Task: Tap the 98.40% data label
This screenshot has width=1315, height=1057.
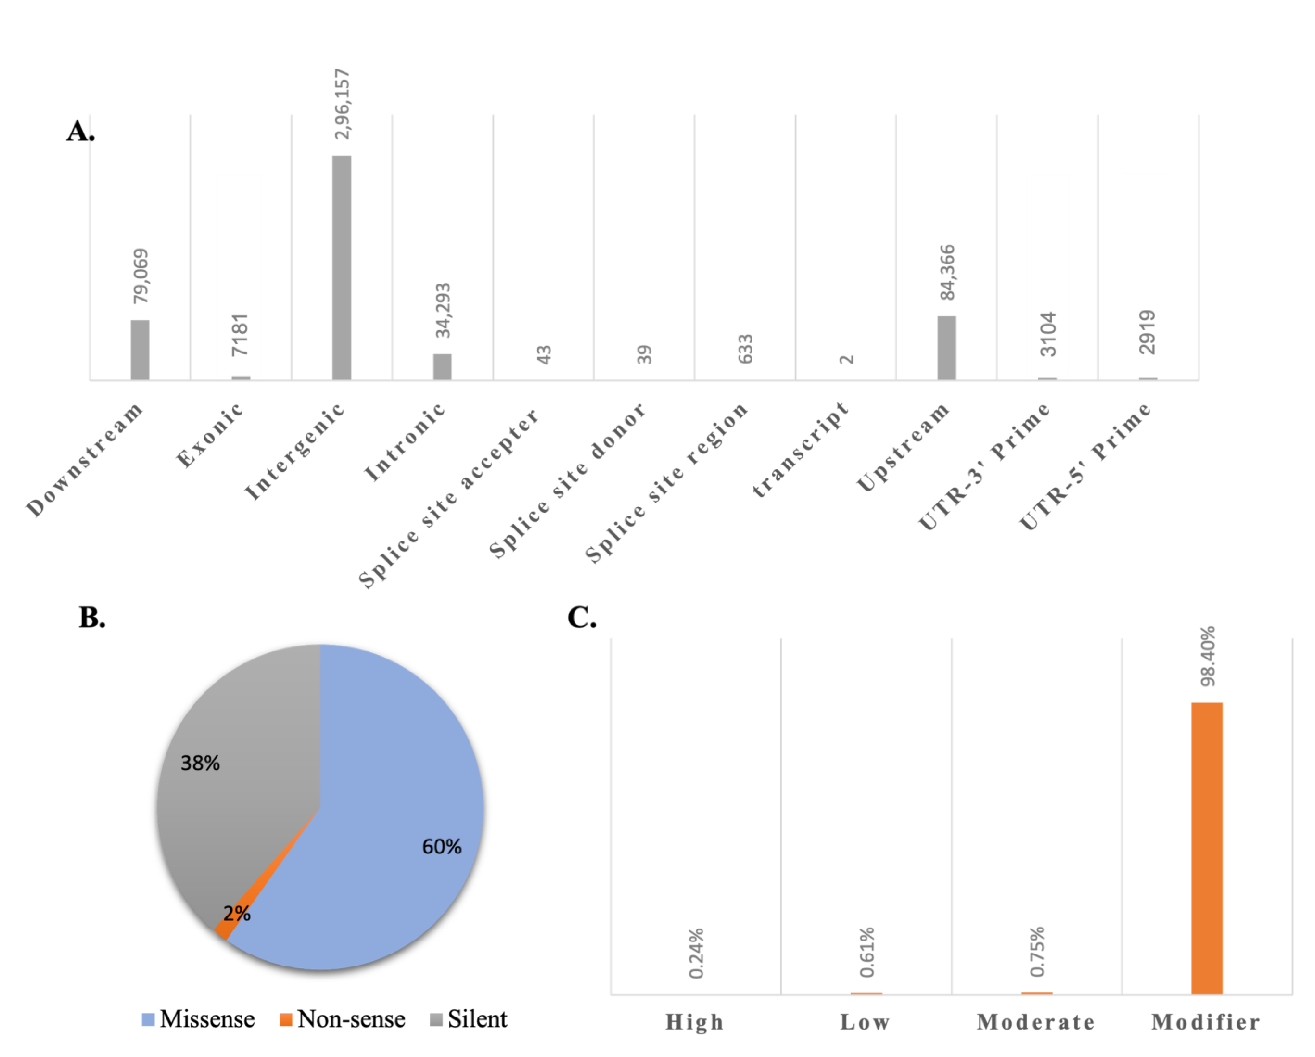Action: click(x=1208, y=656)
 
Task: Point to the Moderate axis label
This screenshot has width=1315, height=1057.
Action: click(x=1036, y=1022)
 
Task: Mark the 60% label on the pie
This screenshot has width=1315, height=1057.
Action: click(x=442, y=847)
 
